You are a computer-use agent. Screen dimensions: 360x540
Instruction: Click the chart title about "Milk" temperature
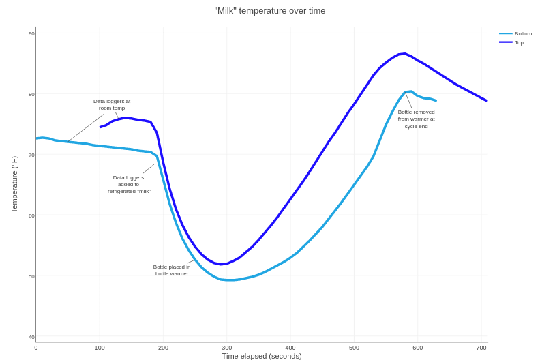[x=270, y=11]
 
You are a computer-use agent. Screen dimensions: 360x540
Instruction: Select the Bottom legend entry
[x=523, y=33]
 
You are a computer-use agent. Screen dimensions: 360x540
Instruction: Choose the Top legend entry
[x=519, y=42]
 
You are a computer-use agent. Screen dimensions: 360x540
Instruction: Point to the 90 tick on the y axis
[x=31, y=33]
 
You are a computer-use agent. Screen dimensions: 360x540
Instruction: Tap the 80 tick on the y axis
[x=31, y=94]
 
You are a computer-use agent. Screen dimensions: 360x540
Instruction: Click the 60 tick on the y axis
[x=31, y=215]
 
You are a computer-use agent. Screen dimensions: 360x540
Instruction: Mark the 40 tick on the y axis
[x=31, y=337]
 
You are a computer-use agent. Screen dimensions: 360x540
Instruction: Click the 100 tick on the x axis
[x=100, y=348]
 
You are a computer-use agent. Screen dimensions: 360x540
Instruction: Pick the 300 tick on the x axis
[x=227, y=348]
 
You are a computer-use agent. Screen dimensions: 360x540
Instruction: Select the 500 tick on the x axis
[x=354, y=348]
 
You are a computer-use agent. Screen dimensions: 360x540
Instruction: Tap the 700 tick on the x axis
[x=481, y=348]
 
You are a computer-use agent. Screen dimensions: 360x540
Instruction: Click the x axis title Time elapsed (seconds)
[x=262, y=356]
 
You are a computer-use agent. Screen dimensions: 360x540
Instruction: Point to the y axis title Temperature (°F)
[x=14, y=184]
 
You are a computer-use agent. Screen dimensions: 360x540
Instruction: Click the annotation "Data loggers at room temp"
[x=112, y=104]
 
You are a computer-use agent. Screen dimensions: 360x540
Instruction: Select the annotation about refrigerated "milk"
[x=129, y=184]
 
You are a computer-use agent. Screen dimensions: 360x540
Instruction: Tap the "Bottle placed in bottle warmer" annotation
[x=172, y=270]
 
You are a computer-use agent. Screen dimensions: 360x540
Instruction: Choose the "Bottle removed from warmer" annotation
[x=416, y=119]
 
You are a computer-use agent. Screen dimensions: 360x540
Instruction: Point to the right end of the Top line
[x=487, y=101]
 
